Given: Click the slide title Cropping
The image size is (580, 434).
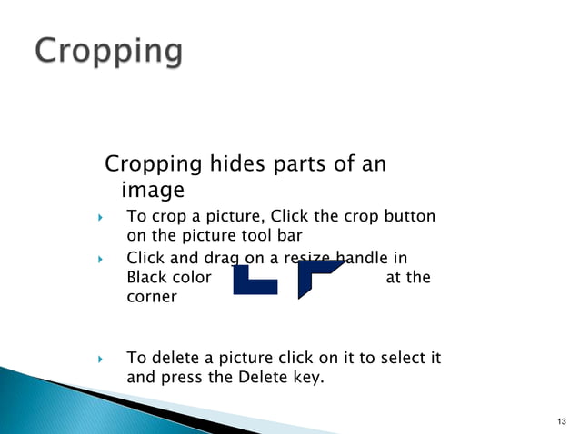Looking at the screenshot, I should coord(109,51).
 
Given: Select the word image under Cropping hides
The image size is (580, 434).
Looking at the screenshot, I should coord(152,191).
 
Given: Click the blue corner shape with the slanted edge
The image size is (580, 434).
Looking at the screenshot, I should coord(320,278).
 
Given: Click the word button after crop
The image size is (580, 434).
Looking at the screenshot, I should coord(410,217).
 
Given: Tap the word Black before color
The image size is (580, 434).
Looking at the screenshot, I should coord(146,278).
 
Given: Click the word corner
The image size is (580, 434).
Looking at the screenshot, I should coord(152,297).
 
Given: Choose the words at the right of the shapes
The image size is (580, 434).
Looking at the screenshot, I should coord(408,278).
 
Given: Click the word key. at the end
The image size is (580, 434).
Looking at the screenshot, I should coord(307,378).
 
